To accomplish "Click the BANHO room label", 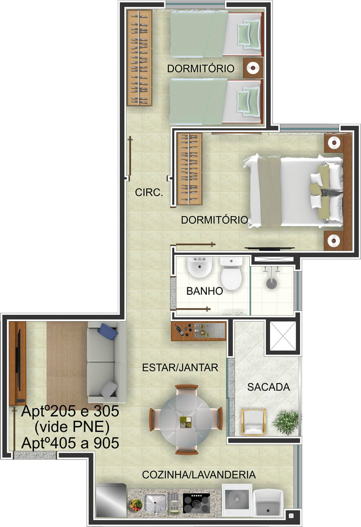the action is pyautogui.click(x=205, y=291).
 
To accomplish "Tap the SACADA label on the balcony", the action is pyautogui.click(x=268, y=387).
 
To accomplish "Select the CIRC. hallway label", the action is pyautogui.click(x=149, y=193).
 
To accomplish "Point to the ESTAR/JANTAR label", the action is pyautogui.click(x=180, y=367).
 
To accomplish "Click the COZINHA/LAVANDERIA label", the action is pyautogui.click(x=199, y=475).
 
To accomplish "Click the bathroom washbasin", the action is pyautogui.click(x=200, y=267).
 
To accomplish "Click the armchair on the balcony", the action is pyautogui.click(x=254, y=422).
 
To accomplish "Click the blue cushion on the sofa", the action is pyautogui.click(x=109, y=331).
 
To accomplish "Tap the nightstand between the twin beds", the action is pyautogui.click(x=253, y=68).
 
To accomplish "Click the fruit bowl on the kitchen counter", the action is pyautogui.click(x=136, y=504).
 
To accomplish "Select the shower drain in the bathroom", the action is pyautogui.click(x=271, y=284).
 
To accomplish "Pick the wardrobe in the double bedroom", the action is pyautogui.click(x=189, y=169).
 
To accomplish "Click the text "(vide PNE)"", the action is pyautogui.click(x=72, y=427).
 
